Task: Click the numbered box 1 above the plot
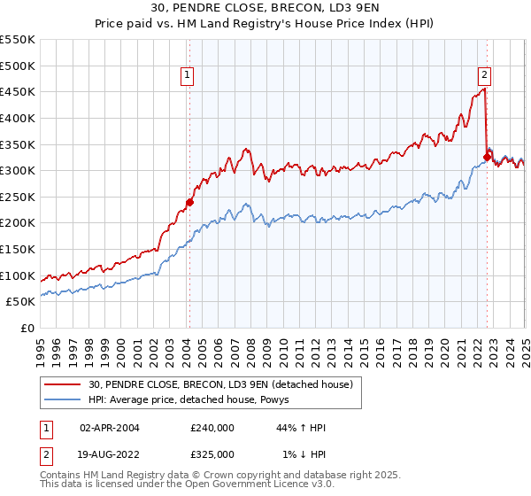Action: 189,76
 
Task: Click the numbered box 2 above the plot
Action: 486,76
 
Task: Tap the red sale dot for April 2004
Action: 189,202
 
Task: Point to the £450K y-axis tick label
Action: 18,91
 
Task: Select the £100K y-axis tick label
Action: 18,275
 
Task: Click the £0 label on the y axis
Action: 27,328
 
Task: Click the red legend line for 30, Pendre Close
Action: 62,384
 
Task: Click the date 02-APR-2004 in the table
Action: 109,428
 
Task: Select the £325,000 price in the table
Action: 212,453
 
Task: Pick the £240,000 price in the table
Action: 212,428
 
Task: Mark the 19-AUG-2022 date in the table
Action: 109,453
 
